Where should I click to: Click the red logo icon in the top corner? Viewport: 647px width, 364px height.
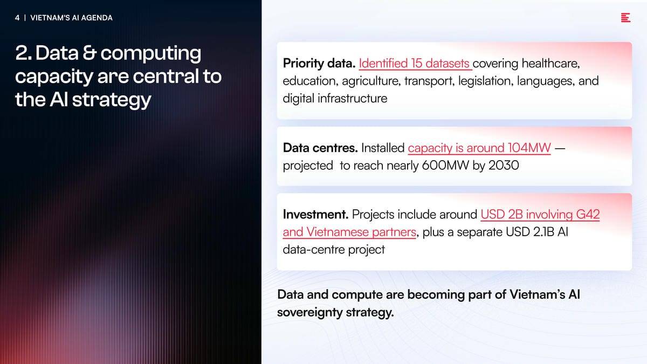(625, 18)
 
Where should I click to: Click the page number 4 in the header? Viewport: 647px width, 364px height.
(17, 18)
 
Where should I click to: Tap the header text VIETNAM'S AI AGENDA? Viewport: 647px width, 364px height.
(71, 18)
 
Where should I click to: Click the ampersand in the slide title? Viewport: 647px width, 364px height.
(90, 53)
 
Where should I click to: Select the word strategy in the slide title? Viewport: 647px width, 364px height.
(112, 100)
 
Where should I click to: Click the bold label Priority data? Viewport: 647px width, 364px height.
(319, 64)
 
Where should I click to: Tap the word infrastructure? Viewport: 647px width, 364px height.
(353, 99)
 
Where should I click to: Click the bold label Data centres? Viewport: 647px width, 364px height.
(320, 148)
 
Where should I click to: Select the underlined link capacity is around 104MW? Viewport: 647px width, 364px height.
(479, 148)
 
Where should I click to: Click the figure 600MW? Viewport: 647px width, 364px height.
(445, 166)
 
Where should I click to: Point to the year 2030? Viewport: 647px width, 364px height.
(504, 166)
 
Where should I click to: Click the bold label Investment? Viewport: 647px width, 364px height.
(316, 215)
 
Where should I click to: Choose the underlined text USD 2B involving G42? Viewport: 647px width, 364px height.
(540, 215)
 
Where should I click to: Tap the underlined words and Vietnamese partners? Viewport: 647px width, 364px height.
(349, 232)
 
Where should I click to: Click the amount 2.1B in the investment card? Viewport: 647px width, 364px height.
(543, 232)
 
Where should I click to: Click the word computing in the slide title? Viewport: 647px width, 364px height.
(151, 54)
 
